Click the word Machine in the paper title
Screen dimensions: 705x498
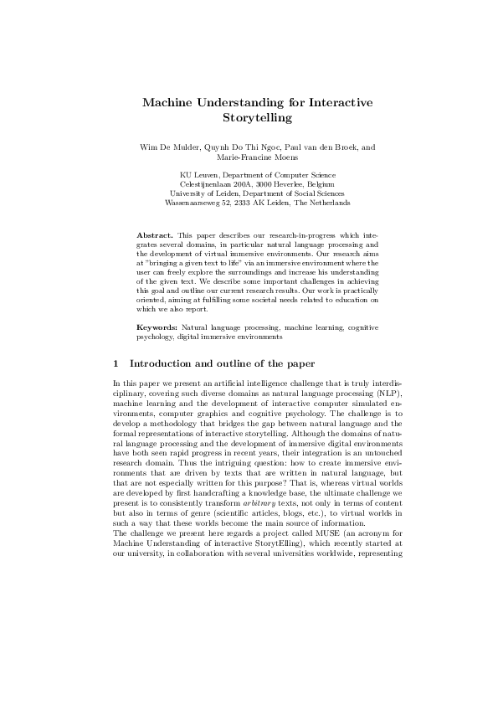tap(167, 102)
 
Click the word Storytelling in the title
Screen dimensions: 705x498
tap(249, 119)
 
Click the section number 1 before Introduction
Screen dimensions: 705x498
tap(114, 364)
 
